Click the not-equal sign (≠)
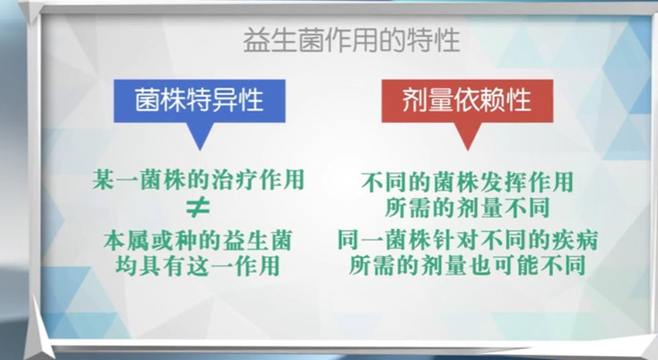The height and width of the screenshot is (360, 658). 198,208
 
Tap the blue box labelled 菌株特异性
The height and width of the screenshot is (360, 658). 200,101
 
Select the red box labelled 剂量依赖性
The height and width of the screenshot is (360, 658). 467,101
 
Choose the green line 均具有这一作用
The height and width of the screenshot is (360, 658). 198,265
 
